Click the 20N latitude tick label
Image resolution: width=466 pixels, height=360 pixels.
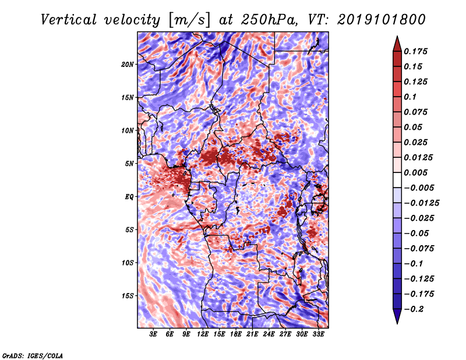pos(128,64)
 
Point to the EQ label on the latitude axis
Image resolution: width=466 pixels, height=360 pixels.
pos(129,196)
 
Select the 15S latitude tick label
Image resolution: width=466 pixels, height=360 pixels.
pos(128,295)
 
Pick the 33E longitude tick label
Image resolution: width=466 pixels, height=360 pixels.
pos(318,334)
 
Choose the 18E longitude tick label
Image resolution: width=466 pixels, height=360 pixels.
pos(235,334)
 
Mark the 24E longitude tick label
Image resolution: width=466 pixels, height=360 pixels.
pos(269,334)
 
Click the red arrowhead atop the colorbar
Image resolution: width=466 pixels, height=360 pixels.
pos(396,43)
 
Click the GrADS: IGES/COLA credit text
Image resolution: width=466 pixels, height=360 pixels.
pos(33,355)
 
